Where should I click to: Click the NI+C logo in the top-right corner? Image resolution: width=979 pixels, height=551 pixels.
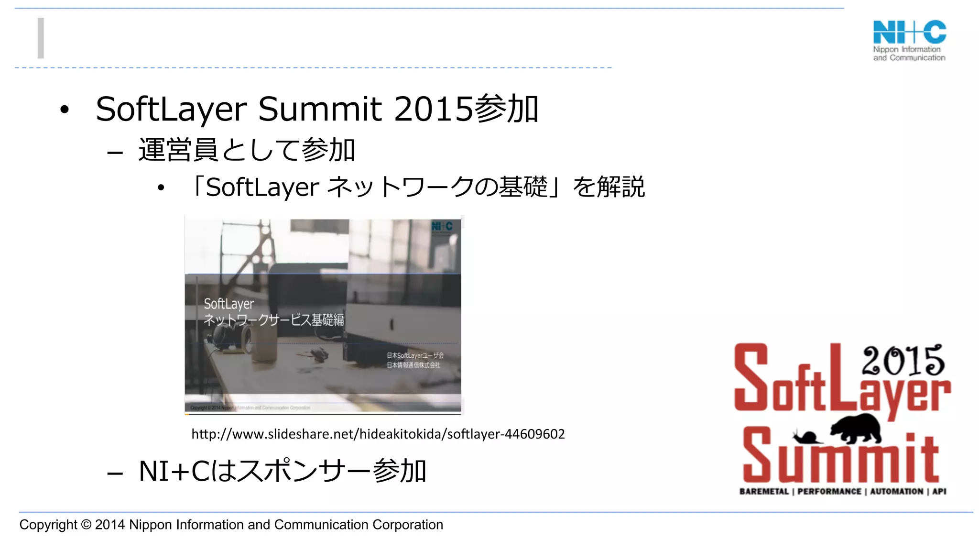909,40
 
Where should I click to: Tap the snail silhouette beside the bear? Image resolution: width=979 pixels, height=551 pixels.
806,437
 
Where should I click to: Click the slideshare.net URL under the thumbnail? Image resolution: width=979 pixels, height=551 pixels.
378,434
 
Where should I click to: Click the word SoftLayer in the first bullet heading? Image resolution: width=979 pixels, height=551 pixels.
171,109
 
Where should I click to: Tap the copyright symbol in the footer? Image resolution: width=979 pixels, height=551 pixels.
86,525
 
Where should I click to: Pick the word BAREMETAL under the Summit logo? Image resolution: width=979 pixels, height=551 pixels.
763,492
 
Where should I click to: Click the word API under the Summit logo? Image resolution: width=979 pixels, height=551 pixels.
939,492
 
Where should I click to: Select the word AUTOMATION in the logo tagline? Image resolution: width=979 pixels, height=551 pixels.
896,492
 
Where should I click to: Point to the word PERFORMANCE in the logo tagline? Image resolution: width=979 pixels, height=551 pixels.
829,492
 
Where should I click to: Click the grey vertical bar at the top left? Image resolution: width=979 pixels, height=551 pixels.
41,38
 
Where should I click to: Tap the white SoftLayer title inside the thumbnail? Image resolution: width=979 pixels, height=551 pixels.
228,304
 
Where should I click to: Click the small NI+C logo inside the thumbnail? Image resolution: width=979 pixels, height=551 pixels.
442,226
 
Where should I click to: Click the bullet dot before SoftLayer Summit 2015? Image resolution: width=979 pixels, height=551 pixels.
65,110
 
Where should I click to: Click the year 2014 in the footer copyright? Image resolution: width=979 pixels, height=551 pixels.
109,525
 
